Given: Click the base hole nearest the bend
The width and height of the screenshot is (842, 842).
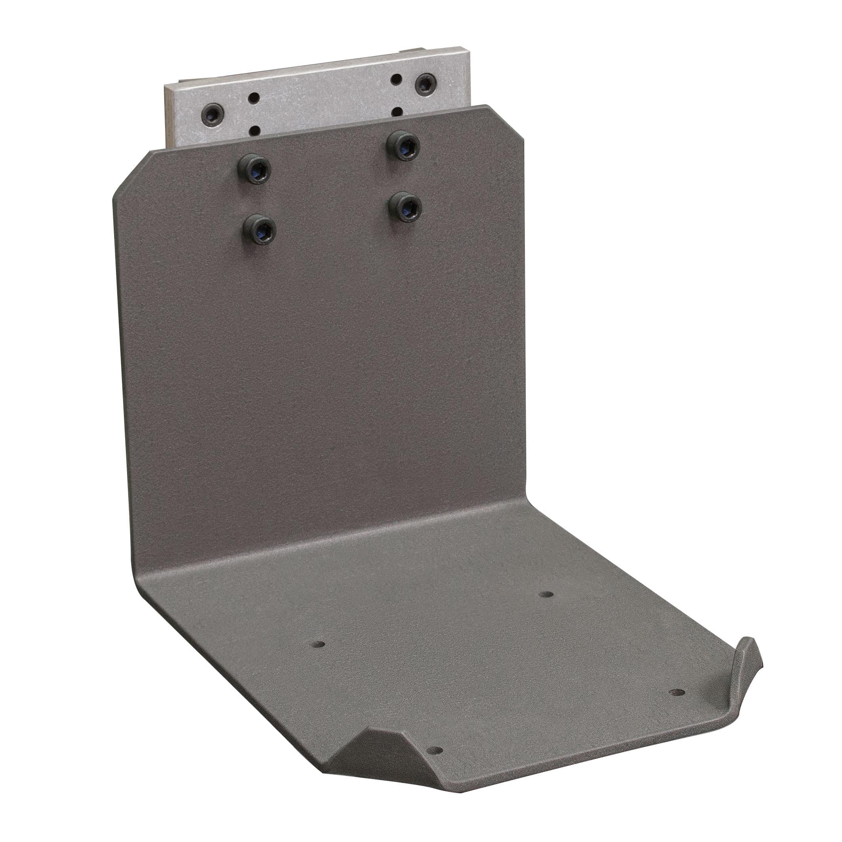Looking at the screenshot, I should point(545,595).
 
